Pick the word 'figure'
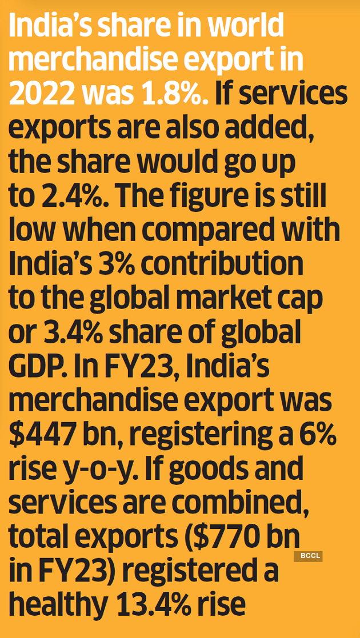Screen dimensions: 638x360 pos(218,198)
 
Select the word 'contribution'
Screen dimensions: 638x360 pos(222,266)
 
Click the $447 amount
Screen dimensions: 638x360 pos(49,438)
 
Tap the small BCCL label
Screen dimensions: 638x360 pos(308,556)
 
